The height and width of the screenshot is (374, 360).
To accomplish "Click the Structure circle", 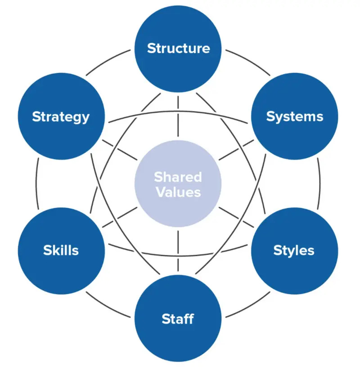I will click(x=178, y=49).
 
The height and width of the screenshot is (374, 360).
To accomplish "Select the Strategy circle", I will click(x=61, y=117).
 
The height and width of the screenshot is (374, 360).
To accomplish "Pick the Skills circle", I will click(x=61, y=250).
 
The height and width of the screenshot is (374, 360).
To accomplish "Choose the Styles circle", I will click(x=294, y=250).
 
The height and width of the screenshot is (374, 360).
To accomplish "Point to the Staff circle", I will click(x=178, y=319).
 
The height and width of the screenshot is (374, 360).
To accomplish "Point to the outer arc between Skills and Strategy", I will click(x=37, y=183).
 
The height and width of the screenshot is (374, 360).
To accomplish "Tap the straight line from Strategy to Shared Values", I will click(x=121, y=150).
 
